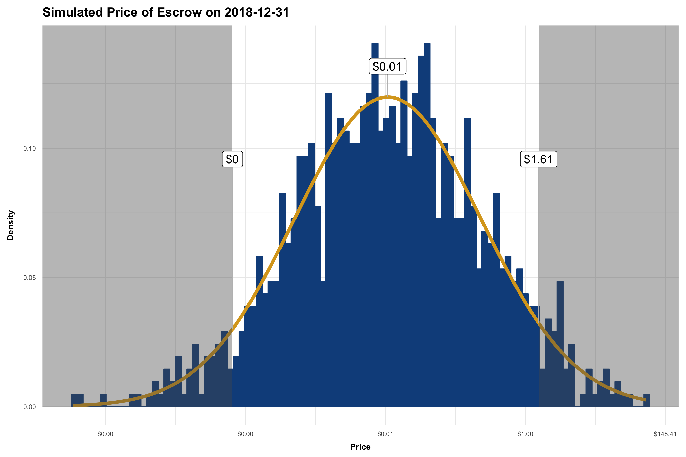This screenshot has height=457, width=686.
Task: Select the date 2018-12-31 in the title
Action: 257,12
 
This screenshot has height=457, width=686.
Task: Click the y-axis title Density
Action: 11,225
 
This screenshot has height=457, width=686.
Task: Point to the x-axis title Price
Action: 360,447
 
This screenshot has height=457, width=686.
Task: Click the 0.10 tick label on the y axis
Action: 29,148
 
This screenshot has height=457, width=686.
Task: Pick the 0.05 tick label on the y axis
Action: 29,278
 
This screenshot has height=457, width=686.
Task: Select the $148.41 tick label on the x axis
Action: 665,434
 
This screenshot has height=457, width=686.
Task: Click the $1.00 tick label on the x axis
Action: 525,434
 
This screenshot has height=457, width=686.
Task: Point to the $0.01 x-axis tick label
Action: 385,434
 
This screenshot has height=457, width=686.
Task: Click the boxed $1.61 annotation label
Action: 538,159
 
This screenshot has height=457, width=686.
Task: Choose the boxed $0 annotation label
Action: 232,159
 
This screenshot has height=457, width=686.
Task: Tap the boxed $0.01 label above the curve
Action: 387,67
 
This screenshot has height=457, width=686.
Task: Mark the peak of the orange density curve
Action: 387,97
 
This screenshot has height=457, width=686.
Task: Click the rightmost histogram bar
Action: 647,400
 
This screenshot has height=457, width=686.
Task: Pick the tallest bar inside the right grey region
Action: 560,344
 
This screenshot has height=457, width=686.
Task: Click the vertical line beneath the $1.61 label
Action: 538,233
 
